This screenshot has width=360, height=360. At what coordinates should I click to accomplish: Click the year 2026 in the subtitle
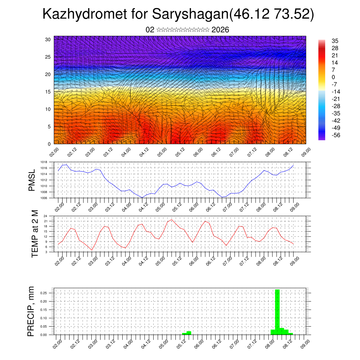220,30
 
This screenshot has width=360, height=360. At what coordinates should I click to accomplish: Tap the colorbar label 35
335,41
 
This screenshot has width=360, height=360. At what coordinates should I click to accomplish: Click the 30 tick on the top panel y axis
48,39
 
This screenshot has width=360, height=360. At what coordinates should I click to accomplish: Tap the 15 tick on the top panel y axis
48,92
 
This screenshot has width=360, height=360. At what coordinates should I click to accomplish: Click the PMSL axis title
32,180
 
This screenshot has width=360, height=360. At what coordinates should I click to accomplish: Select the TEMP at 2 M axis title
34,234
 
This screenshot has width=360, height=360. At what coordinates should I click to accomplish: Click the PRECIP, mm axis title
31,311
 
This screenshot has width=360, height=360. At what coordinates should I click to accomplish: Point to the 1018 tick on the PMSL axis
44,162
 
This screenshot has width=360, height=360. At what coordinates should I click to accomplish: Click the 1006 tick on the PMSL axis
44,198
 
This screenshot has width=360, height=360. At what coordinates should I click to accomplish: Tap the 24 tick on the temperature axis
46,216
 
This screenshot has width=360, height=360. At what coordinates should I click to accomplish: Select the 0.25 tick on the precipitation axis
43,293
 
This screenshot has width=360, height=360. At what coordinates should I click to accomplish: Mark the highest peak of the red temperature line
172,219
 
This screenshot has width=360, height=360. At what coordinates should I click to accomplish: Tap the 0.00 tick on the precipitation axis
43,335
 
